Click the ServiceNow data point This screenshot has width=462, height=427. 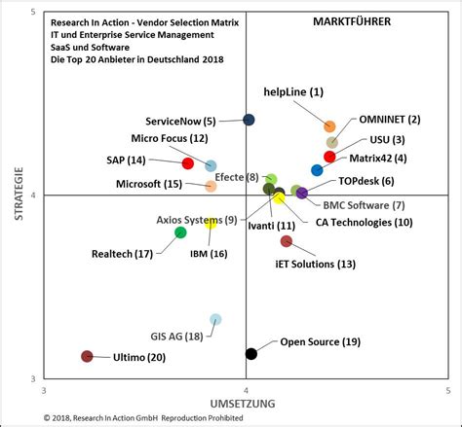tap(249, 120)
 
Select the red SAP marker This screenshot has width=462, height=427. tap(188, 163)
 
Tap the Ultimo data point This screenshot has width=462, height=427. tap(87, 357)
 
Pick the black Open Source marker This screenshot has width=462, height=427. tap(251, 353)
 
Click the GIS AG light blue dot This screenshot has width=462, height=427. tap(215, 319)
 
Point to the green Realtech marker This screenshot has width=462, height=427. tap(180, 231)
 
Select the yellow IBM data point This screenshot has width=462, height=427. tap(211, 224)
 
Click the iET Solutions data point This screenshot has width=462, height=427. tap(286, 241)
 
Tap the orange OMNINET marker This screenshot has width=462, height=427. tap(329, 126)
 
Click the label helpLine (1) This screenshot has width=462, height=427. tap(293, 92)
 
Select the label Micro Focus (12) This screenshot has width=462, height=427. tap(170, 138)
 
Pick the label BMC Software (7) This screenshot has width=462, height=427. tap(364, 204)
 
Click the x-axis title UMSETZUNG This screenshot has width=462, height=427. tap(244, 403)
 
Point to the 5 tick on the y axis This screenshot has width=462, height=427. tap(34, 12)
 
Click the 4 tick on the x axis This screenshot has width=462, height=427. tap(246, 390)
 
